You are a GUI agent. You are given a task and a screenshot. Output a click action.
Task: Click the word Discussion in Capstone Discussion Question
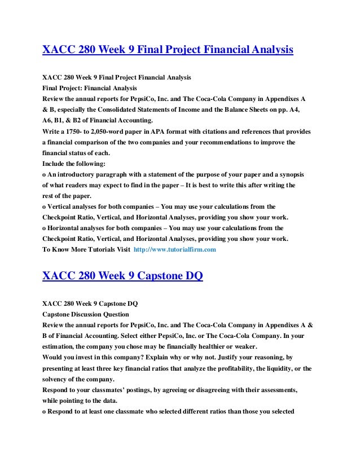[97, 314]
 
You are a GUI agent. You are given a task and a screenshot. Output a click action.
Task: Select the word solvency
[60, 379]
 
